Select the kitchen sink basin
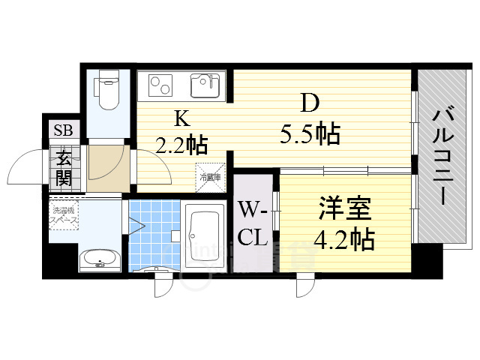point(204,86)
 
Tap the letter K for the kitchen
point(181,118)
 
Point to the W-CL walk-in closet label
point(253,223)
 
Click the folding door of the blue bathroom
point(136,226)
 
